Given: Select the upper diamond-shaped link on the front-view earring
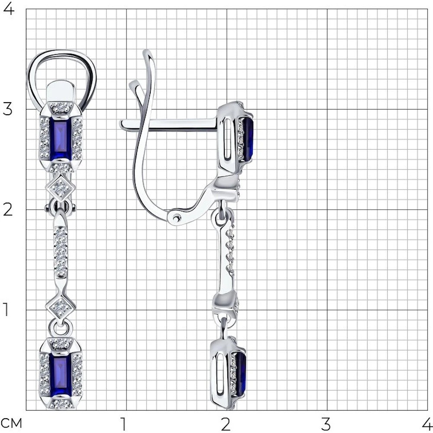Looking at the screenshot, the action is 61,188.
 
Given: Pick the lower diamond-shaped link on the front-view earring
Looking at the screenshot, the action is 61,306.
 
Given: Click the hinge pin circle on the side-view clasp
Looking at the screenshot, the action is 176,218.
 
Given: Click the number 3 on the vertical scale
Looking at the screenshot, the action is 7,110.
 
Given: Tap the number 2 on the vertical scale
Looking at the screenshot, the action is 7,210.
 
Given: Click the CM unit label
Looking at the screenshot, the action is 11,423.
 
